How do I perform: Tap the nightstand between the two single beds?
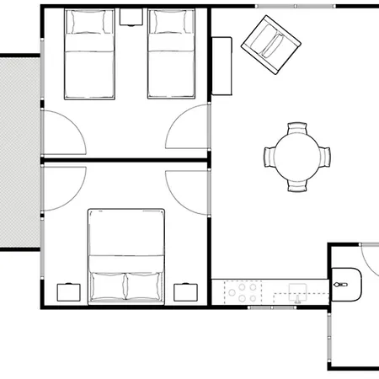pos(131,15)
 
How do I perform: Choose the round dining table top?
pos(296,157)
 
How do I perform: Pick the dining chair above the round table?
pos(297,130)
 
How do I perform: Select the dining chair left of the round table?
pos(270,157)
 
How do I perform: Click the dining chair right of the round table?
pos(324,157)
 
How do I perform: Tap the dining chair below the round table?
pos(297,184)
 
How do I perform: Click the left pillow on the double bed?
pos(108,286)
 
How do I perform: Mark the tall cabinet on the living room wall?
pos(222,66)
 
